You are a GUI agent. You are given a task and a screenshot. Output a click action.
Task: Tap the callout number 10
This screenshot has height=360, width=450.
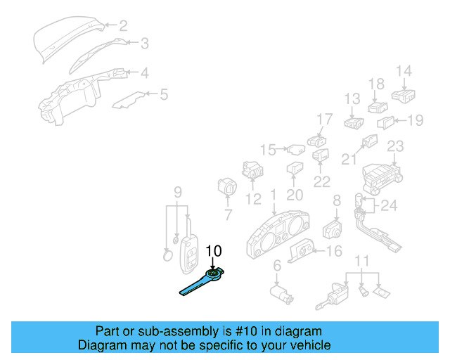point(213,251)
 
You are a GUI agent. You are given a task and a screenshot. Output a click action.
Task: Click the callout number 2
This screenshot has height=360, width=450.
point(123,26)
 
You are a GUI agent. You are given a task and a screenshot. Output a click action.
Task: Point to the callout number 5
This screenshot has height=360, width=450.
point(163,94)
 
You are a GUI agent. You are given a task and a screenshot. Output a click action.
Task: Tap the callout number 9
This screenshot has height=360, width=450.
point(178,191)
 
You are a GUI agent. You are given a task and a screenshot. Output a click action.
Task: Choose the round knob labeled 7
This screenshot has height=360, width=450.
point(227,188)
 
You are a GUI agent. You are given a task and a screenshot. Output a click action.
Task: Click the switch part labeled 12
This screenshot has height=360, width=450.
point(252,169)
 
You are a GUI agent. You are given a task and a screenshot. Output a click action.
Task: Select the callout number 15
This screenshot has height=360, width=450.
point(268,149)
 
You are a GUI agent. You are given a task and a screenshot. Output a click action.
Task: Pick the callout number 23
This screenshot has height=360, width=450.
point(395,146)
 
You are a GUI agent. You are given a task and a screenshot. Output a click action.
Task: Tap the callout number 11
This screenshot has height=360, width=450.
point(361,262)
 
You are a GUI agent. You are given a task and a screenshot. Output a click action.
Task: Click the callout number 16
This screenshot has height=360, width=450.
point(334,251)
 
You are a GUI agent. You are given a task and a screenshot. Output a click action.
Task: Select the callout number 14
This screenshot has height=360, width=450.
point(403,70)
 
